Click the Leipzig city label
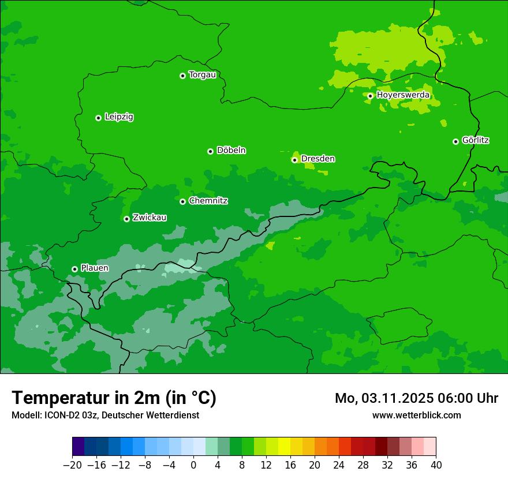coord(119,117)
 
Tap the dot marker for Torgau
coord(182,76)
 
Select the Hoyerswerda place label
coord(403,95)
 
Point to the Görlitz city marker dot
coord(455,141)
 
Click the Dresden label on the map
coord(317,159)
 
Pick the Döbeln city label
coord(231,151)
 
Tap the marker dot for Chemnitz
coord(182,201)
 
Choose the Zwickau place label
coord(150,218)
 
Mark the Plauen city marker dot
coord(74,269)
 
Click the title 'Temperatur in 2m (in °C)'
coord(114,398)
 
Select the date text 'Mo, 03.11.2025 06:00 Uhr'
coord(416,398)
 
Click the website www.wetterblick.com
coord(416,415)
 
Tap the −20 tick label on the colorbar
coord(72,465)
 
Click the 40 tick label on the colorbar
coord(436,465)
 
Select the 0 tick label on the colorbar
coord(193,465)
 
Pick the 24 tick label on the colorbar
coord(339,465)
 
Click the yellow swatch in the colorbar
coord(284,447)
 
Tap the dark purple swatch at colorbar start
coord(78,447)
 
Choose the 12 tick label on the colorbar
coord(266,465)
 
